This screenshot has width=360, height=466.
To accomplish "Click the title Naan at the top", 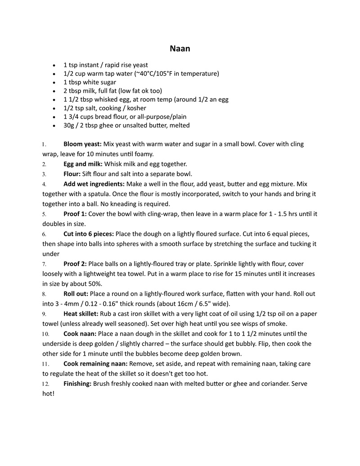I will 180,49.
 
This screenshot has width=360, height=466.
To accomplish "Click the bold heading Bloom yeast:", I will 82,144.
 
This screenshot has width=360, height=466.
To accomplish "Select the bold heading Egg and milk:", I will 83,164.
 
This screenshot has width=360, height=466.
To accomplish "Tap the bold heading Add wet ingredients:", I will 94,184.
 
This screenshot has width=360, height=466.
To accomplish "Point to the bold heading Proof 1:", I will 75,213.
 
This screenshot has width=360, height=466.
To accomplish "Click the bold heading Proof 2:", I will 75,264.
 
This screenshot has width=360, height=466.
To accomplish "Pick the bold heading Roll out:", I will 76,294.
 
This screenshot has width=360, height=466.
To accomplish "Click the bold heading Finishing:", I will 77,383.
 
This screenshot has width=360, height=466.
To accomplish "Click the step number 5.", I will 44,214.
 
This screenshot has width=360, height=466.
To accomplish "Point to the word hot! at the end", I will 48,393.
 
